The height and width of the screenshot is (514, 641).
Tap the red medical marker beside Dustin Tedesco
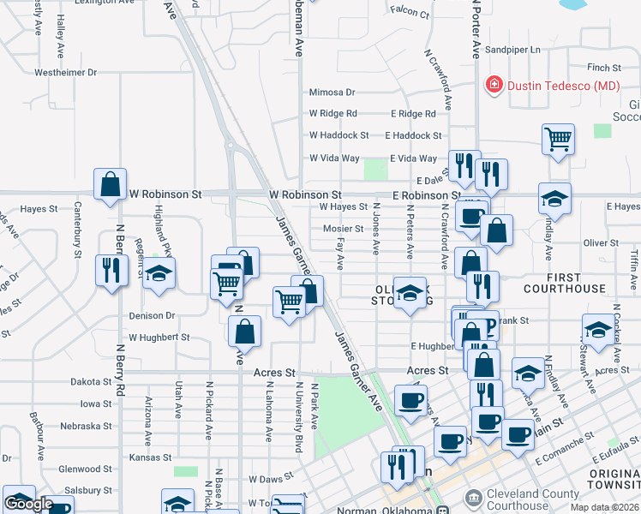(494, 85)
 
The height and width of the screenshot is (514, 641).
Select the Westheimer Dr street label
(65, 73)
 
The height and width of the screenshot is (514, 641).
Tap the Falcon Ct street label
(409, 13)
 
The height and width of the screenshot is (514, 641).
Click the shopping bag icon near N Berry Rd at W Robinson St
(111, 184)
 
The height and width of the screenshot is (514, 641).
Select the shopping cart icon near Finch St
(558, 138)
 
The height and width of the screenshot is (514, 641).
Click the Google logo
(28, 504)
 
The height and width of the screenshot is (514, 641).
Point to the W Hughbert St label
(159, 338)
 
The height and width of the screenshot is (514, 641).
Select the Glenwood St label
(86, 469)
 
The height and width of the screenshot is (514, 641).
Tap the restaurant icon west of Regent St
(111, 269)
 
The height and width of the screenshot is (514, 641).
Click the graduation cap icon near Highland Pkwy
(159, 273)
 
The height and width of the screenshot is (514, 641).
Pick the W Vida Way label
(334, 158)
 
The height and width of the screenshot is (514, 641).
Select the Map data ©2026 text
(604, 507)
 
